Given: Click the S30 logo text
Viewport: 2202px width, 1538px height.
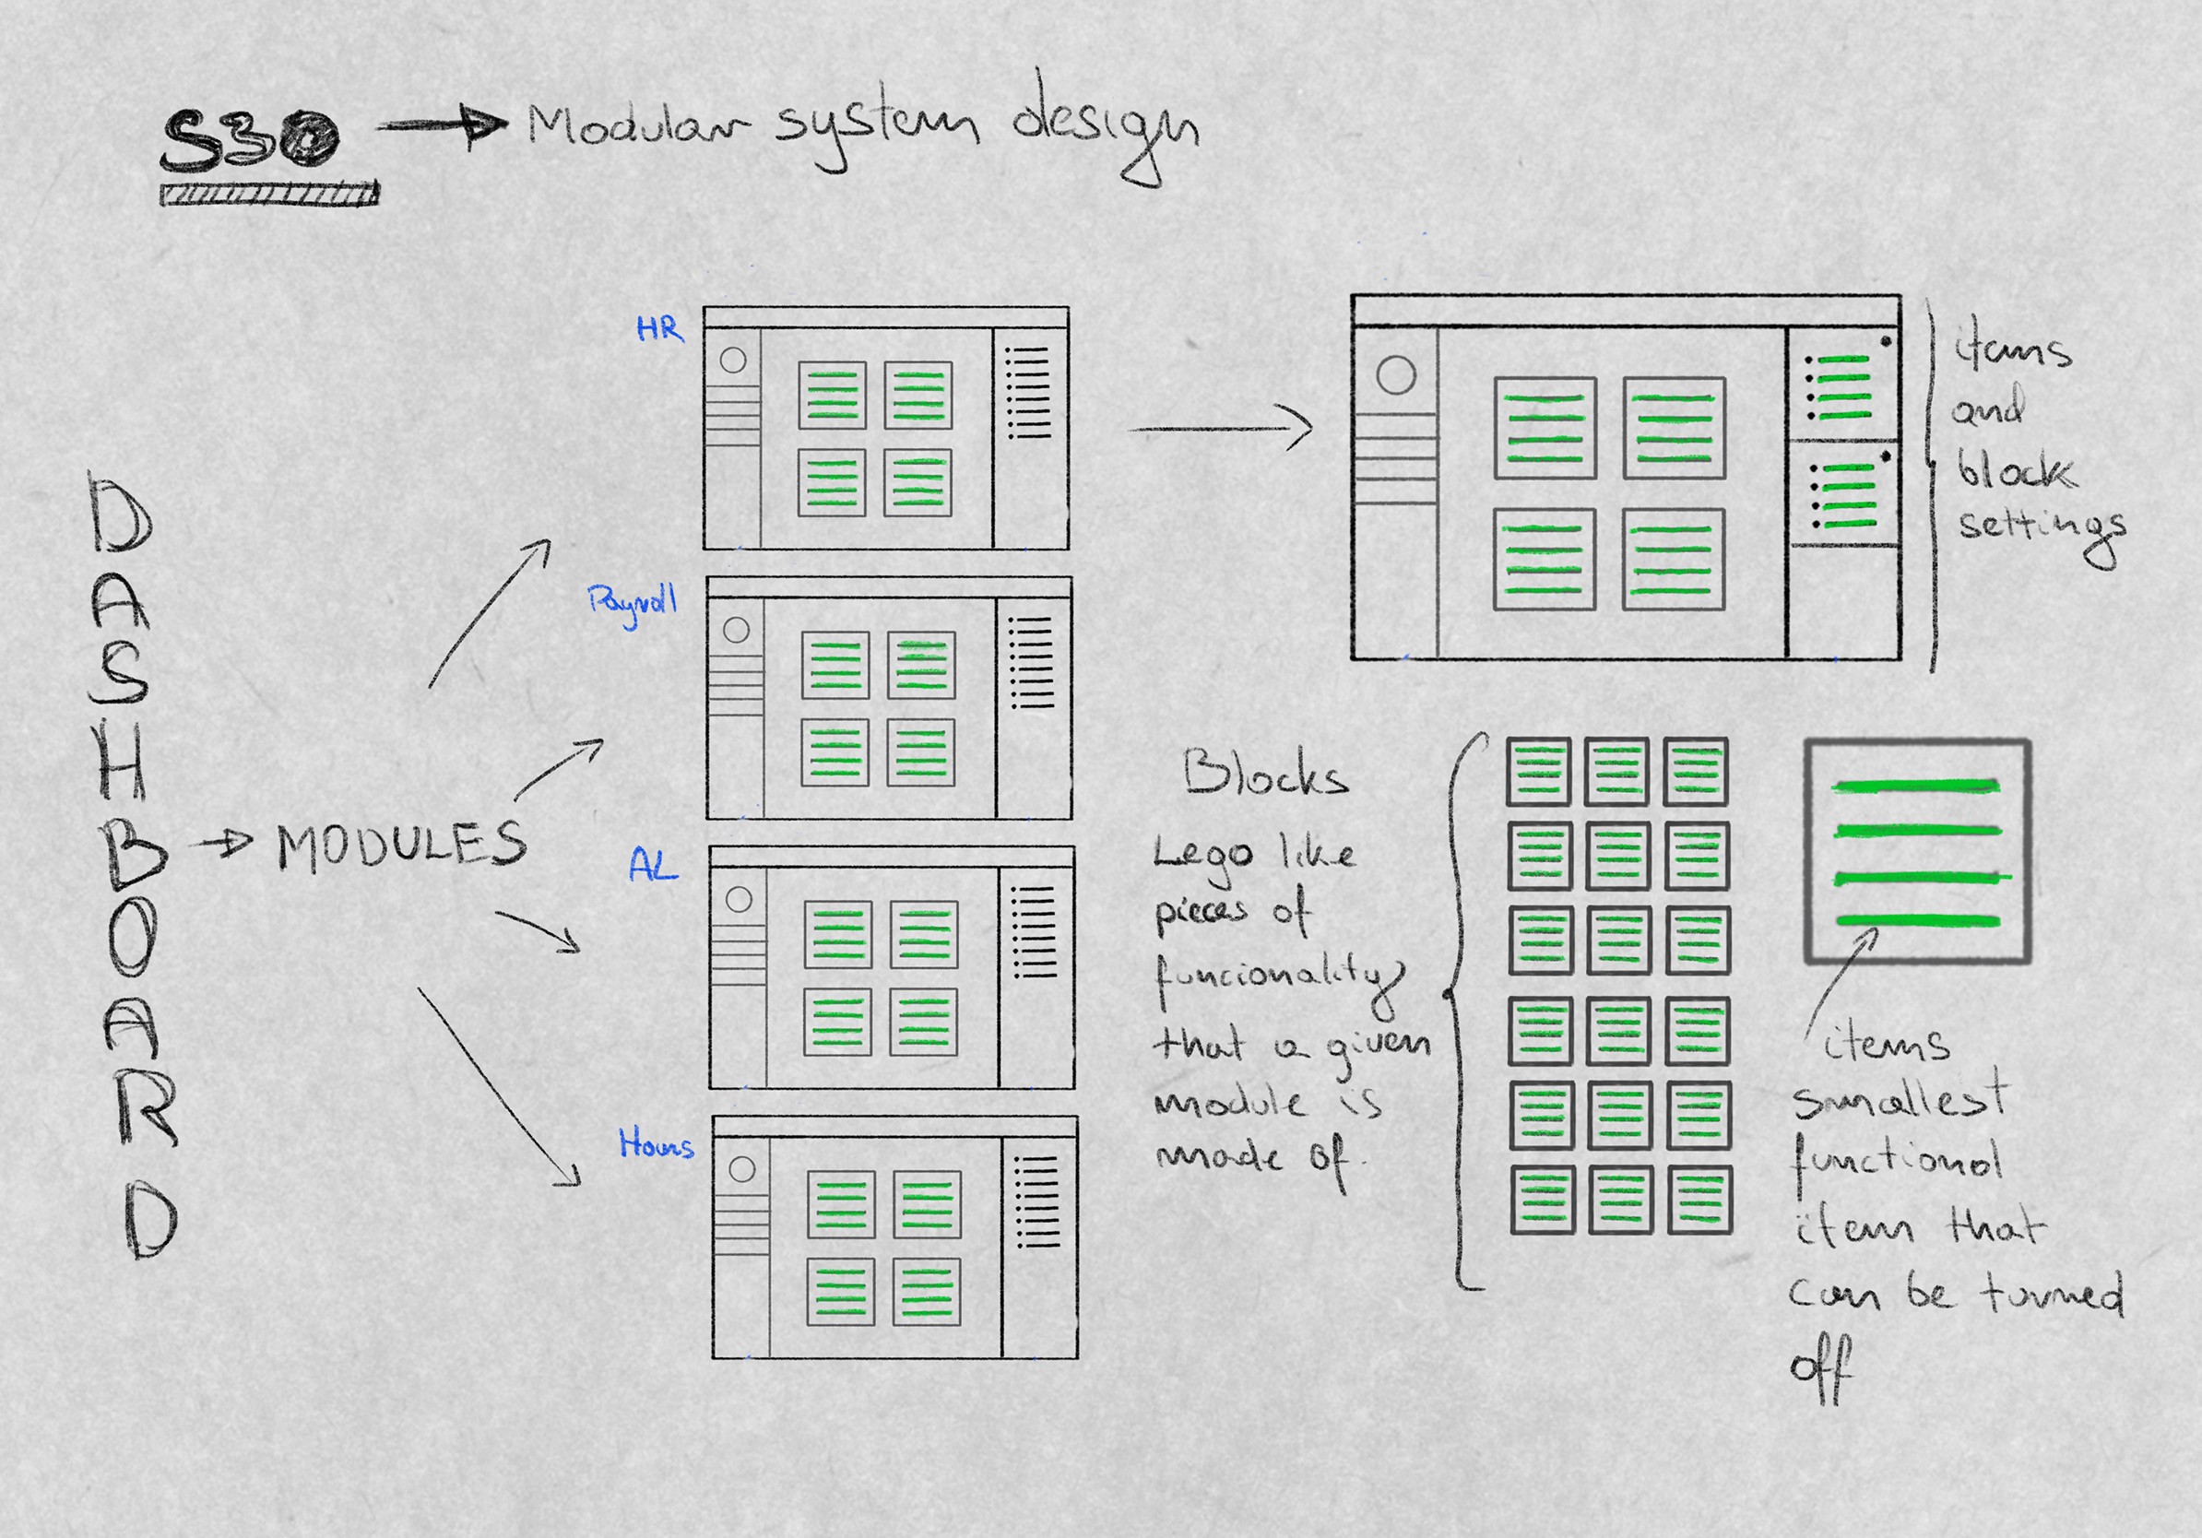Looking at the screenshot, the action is click(249, 141).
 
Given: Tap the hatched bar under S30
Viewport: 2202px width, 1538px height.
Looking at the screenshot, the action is click(268, 195).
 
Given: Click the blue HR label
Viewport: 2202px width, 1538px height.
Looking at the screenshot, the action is click(660, 329).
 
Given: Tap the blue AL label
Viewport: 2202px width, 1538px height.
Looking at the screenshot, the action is click(653, 866).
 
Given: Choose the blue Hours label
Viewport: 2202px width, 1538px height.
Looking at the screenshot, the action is click(656, 1144).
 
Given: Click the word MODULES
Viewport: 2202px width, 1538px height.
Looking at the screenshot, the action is click(402, 846).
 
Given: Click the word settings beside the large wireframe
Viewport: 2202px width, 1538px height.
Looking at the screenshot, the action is click(2041, 527).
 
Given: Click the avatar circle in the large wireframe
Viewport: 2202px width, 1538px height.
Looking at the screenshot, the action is click(1395, 375).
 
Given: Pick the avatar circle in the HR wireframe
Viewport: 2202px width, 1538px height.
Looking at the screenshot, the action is click(733, 360).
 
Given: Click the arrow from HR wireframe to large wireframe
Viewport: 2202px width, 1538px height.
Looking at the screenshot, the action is click(1220, 429).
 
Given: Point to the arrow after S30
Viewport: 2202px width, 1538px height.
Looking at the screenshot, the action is click(441, 125).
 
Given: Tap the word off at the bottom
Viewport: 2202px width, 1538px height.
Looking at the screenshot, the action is click(1820, 1369).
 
